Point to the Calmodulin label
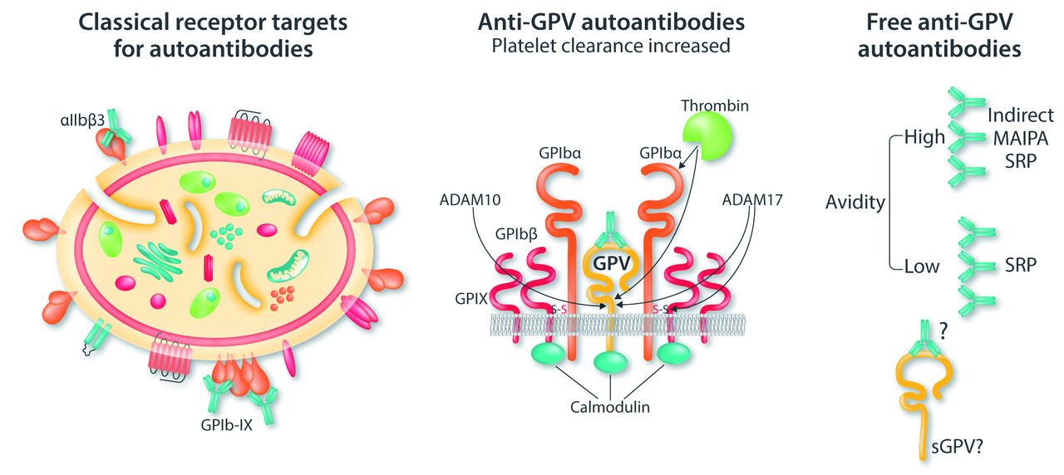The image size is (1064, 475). [x=610, y=409]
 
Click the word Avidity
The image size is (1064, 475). [x=855, y=201]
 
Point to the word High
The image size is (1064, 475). [x=924, y=137]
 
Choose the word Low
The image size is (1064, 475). [x=921, y=267]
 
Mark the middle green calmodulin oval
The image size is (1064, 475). [x=610, y=363]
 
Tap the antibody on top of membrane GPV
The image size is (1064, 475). [x=610, y=225]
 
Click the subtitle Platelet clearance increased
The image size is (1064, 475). [x=610, y=46]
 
